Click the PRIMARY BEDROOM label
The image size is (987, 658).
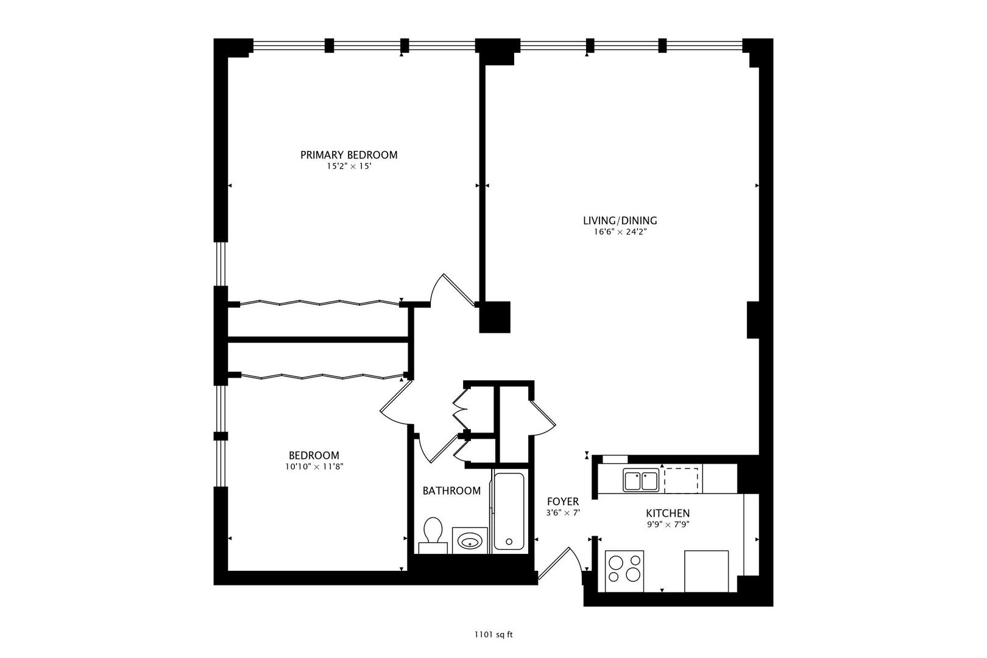[x=349, y=155]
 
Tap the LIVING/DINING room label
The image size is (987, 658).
[x=620, y=221]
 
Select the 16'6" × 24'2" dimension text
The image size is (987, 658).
[x=620, y=232]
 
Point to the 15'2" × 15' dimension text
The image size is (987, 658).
[x=349, y=166]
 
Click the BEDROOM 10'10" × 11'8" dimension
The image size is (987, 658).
[x=314, y=467]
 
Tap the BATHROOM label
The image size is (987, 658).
[x=451, y=491]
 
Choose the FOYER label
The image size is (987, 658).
[x=563, y=501]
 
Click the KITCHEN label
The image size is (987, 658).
[x=668, y=514]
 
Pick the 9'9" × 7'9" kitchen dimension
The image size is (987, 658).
[x=668, y=525]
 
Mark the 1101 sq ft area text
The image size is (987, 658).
[x=493, y=635]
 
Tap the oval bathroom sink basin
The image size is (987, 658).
[x=470, y=541]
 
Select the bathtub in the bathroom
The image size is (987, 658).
[x=509, y=511]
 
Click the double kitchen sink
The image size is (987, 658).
[x=641, y=480]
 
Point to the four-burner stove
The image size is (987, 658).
[x=624, y=571]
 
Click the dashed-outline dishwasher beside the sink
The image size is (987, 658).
[x=682, y=480]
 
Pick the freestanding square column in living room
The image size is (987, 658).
[x=495, y=317]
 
